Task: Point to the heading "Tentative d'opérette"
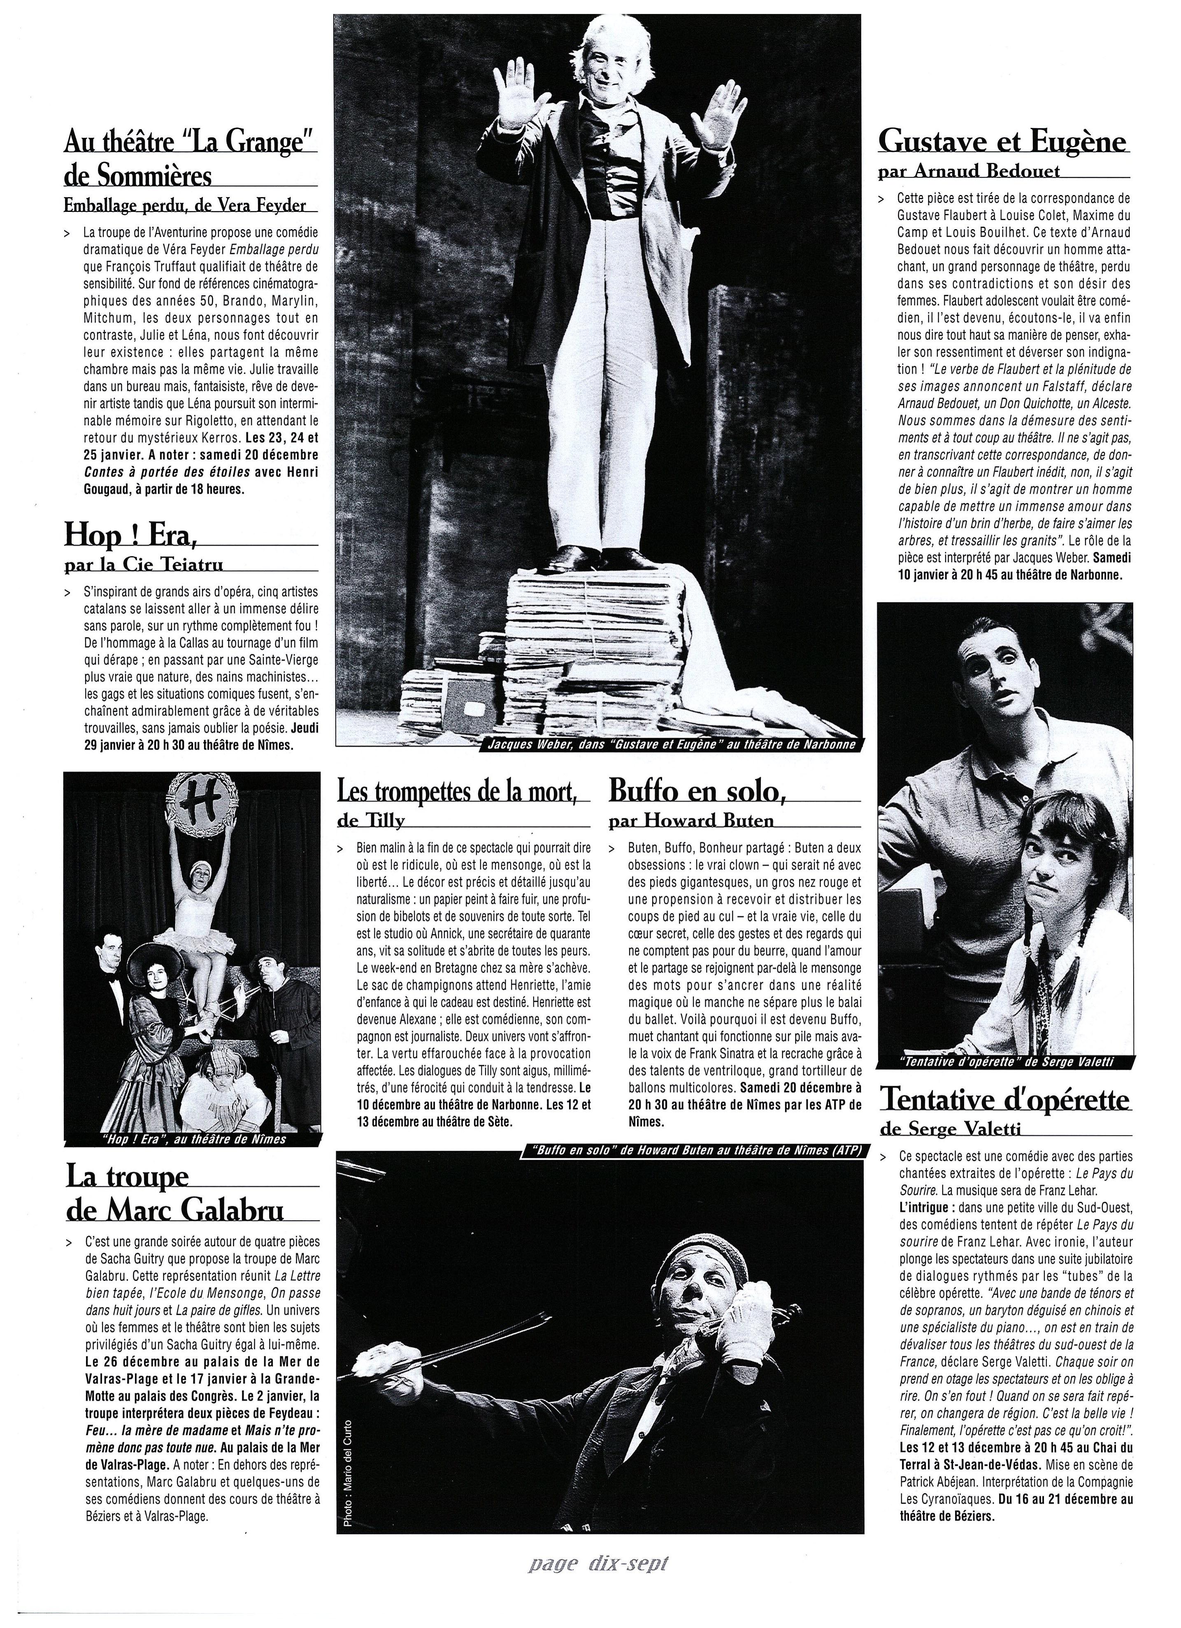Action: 1005,1098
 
